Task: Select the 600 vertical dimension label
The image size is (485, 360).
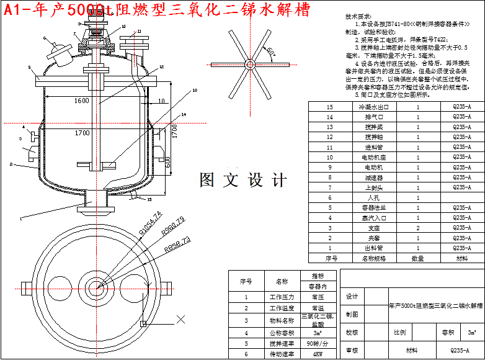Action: coord(167,160)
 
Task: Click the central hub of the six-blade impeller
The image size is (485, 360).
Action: coord(249,64)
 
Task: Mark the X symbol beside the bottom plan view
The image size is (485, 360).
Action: coord(182,320)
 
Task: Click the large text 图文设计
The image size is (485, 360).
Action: coord(243,180)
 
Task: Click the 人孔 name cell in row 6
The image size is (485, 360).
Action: coord(375,197)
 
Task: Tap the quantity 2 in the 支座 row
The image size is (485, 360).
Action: coord(418,228)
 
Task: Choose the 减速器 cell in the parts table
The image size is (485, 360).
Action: coord(375,178)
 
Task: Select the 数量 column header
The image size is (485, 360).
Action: coord(418,258)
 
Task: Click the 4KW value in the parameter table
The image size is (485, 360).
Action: coord(318,354)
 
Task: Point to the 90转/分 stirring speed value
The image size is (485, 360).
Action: coord(318,343)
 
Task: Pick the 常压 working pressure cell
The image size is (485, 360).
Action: coord(318,297)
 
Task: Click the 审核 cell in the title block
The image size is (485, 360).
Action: coord(352,350)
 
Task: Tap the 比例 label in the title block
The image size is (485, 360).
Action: coord(400,332)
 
